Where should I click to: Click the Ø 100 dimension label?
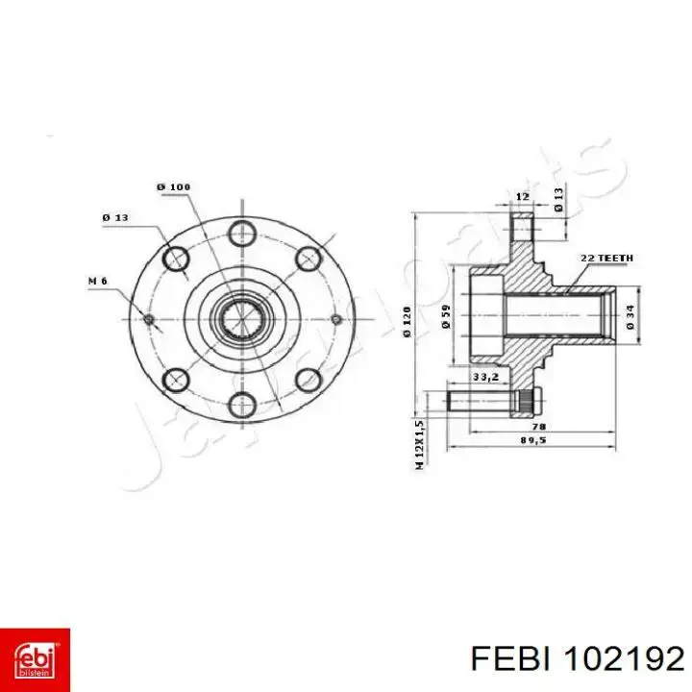click(174, 186)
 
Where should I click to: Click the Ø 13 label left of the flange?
click(115, 217)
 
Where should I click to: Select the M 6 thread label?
click(97, 281)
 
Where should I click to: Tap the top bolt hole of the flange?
click(240, 231)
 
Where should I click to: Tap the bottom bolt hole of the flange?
click(240, 404)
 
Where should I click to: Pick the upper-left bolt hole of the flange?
click(176, 258)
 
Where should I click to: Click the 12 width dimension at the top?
click(522, 196)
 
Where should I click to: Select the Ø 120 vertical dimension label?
click(409, 319)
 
